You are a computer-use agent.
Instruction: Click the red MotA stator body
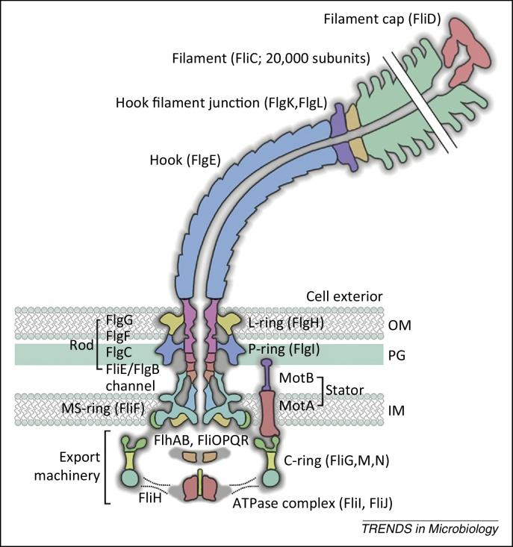click(268, 410)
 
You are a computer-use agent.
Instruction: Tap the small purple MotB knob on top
click(267, 365)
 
